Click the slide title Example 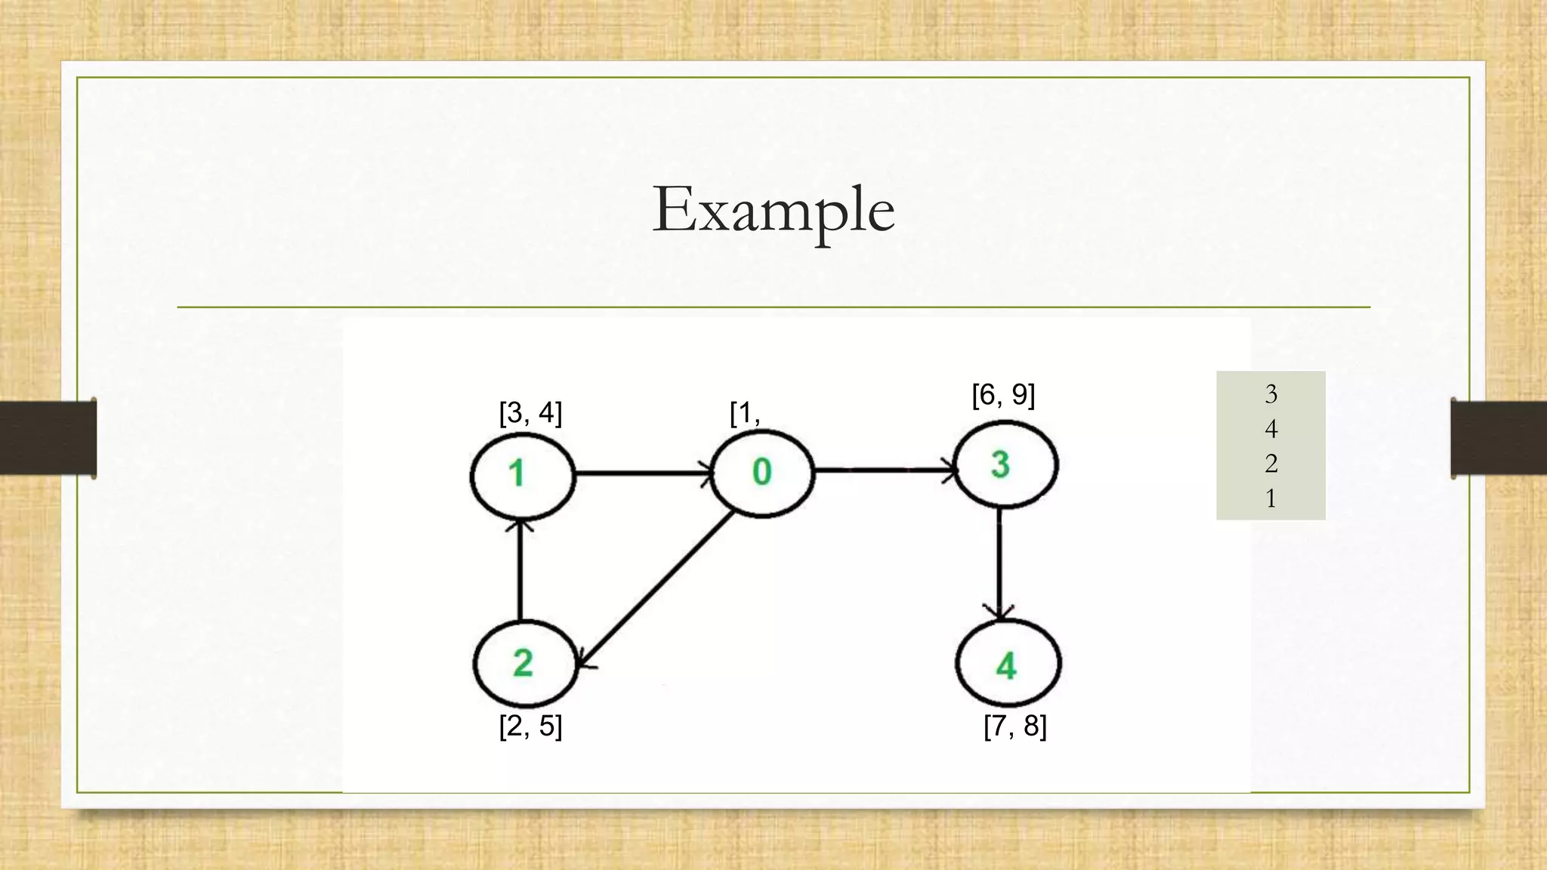click(773, 210)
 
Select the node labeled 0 click(762, 473)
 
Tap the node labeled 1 click(522, 475)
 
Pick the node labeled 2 click(524, 664)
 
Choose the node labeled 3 click(1005, 464)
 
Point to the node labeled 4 click(1008, 664)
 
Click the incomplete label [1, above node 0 click(745, 413)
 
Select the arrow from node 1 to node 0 click(642, 474)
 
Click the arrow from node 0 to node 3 click(884, 470)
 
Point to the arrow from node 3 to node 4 click(1000, 563)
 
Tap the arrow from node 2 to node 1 click(519, 570)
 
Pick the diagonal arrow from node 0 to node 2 click(657, 589)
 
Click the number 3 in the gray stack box click(1271, 393)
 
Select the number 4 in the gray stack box click(1271, 429)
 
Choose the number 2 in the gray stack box click(1271, 463)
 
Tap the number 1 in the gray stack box click(1271, 498)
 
